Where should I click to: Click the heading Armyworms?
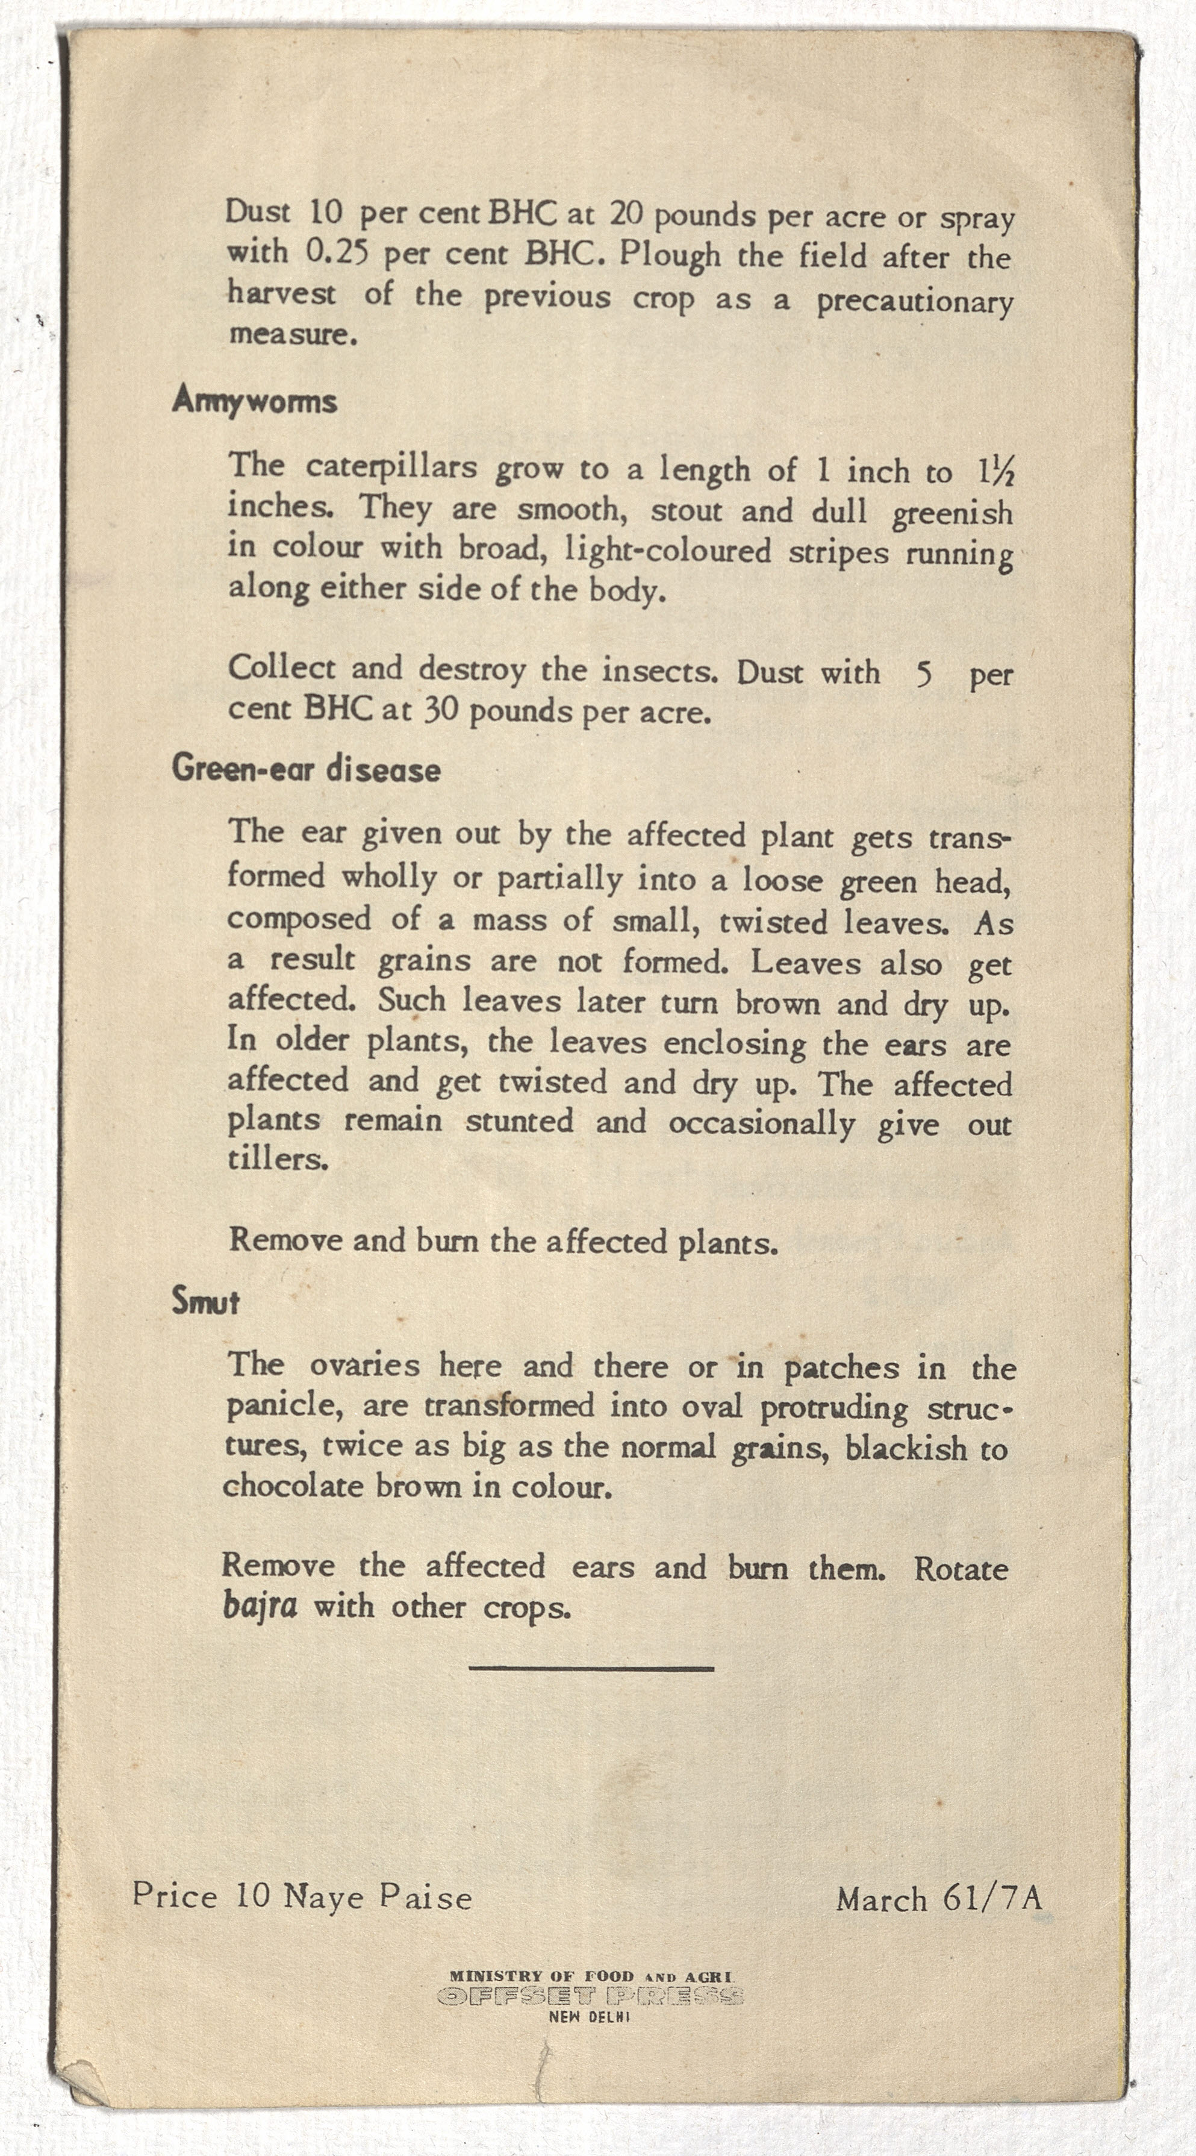click(254, 402)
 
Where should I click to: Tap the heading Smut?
click(205, 1301)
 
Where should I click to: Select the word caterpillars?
click(391, 468)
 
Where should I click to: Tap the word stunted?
click(519, 1120)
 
